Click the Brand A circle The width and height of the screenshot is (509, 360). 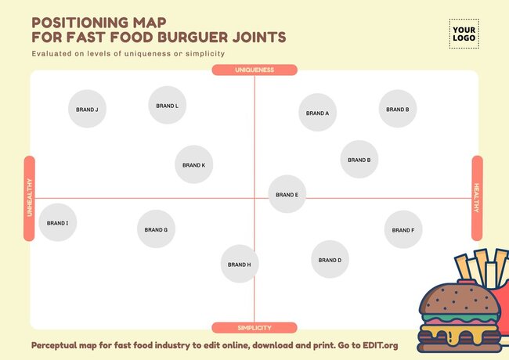317,113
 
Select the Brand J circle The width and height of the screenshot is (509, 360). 87,110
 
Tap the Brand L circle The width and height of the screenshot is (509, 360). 167,106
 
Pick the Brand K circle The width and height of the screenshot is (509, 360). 193,165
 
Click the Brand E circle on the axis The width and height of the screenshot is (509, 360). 287,194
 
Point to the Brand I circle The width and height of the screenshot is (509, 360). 57,223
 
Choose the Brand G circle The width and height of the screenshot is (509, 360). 156,229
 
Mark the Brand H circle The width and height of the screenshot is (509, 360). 239,265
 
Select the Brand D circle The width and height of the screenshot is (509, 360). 329,260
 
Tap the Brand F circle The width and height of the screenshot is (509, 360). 403,230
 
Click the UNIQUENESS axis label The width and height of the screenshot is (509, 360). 254,70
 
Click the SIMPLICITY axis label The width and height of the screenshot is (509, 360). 254,328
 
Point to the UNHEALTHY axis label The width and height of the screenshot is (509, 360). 30,198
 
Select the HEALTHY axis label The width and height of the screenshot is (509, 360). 477,198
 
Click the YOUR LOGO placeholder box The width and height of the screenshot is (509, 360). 464,34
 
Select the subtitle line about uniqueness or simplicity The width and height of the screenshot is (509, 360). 128,54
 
